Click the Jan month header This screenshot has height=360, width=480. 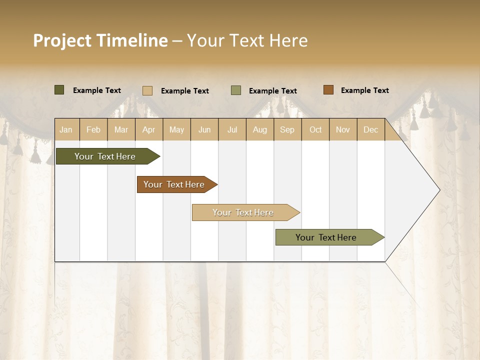pyautogui.click(x=66, y=129)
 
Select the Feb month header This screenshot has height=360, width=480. pyautogui.click(x=93, y=129)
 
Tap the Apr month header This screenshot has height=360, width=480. pyautogui.click(x=149, y=129)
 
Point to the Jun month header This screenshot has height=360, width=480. pyautogui.click(x=204, y=129)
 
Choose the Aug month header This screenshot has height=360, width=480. pyautogui.click(x=260, y=129)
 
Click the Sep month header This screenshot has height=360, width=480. pyautogui.click(x=287, y=129)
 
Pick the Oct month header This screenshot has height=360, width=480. pyautogui.click(x=315, y=129)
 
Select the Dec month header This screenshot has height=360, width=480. pyautogui.click(x=371, y=129)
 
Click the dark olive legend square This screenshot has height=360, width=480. pyautogui.click(x=59, y=90)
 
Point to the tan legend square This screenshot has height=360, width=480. pyautogui.click(x=147, y=90)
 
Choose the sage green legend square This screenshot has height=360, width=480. pyautogui.click(x=236, y=90)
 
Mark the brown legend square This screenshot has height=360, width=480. pyautogui.click(x=328, y=90)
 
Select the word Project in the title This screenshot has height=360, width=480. pyautogui.click(x=62, y=40)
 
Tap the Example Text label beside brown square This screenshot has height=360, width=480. pyautogui.click(x=364, y=90)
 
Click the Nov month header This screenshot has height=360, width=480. pyautogui.click(x=343, y=129)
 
